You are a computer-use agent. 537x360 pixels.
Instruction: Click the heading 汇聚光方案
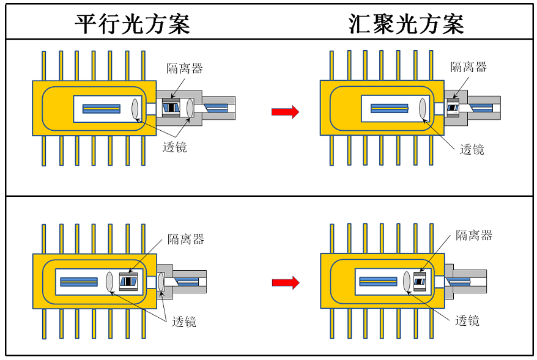pos(406,23)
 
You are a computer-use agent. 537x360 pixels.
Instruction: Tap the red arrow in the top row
pos(285,112)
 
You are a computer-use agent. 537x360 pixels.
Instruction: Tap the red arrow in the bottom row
pos(285,282)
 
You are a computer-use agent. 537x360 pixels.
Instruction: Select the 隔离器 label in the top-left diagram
pos(184,67)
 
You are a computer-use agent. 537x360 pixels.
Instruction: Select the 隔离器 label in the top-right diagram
pos(468,67)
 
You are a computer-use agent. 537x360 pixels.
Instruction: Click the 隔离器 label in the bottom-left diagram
pos(186,239)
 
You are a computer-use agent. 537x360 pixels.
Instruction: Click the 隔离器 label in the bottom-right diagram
pos(474,235)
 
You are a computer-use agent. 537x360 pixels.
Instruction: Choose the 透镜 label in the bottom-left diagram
pos(184,321)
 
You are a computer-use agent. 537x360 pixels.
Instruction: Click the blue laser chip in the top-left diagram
pos(102,109)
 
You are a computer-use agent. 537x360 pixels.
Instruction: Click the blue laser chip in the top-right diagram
pos(389,108)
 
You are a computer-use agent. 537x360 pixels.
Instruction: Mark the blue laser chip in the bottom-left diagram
pos(78,281)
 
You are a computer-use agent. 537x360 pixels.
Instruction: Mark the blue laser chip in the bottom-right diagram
pos(378,281)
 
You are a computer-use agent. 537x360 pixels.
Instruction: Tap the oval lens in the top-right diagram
pos(423,108)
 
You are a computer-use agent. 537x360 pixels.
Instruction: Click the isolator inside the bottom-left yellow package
pos(129,281)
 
